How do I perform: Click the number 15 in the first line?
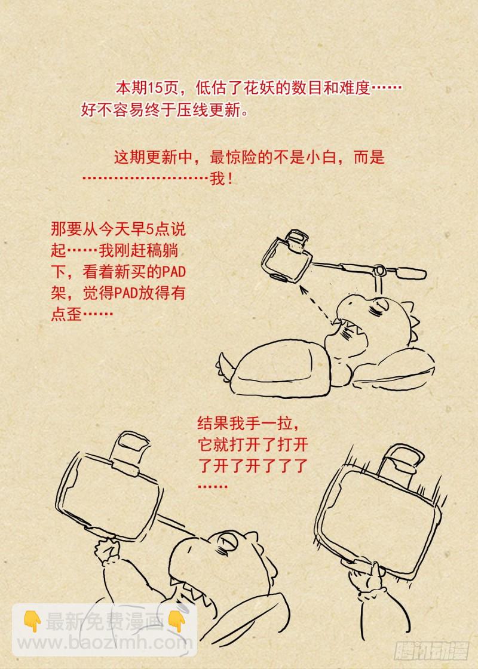click(x=156, y=88)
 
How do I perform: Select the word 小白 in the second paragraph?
click(x=321, y=158)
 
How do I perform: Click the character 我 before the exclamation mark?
click(x=217, y=179)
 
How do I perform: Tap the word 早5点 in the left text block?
click(x=149, y=229)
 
